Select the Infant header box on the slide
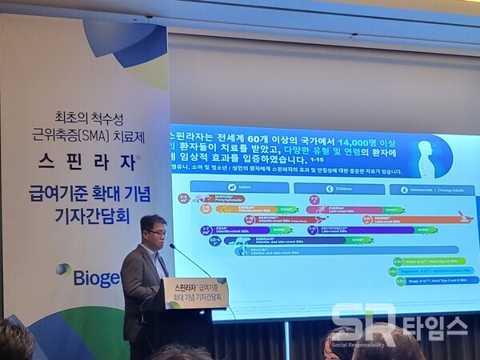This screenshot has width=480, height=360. [240, 189]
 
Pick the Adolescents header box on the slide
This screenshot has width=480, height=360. [433, 190]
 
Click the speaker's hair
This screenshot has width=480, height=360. [152, 221]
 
